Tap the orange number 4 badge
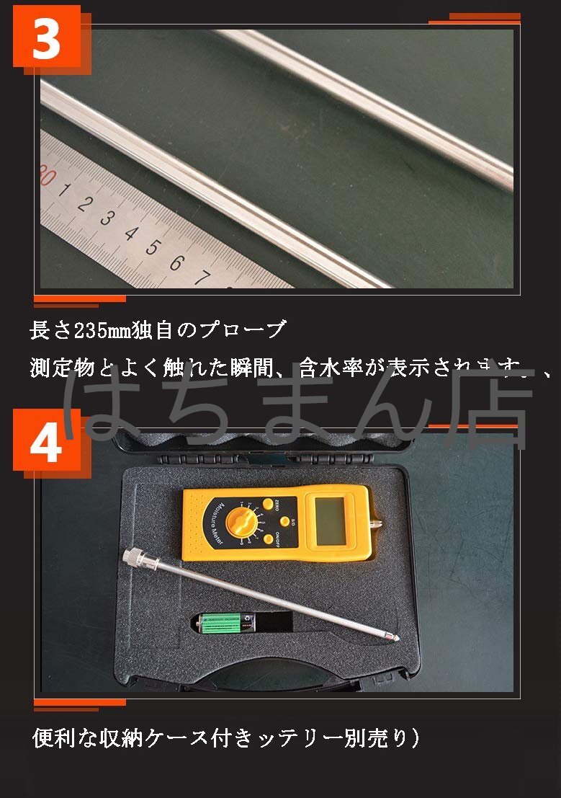pos(47,443)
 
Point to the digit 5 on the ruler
pos(152,247)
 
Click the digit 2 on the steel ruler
pos(84,203)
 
